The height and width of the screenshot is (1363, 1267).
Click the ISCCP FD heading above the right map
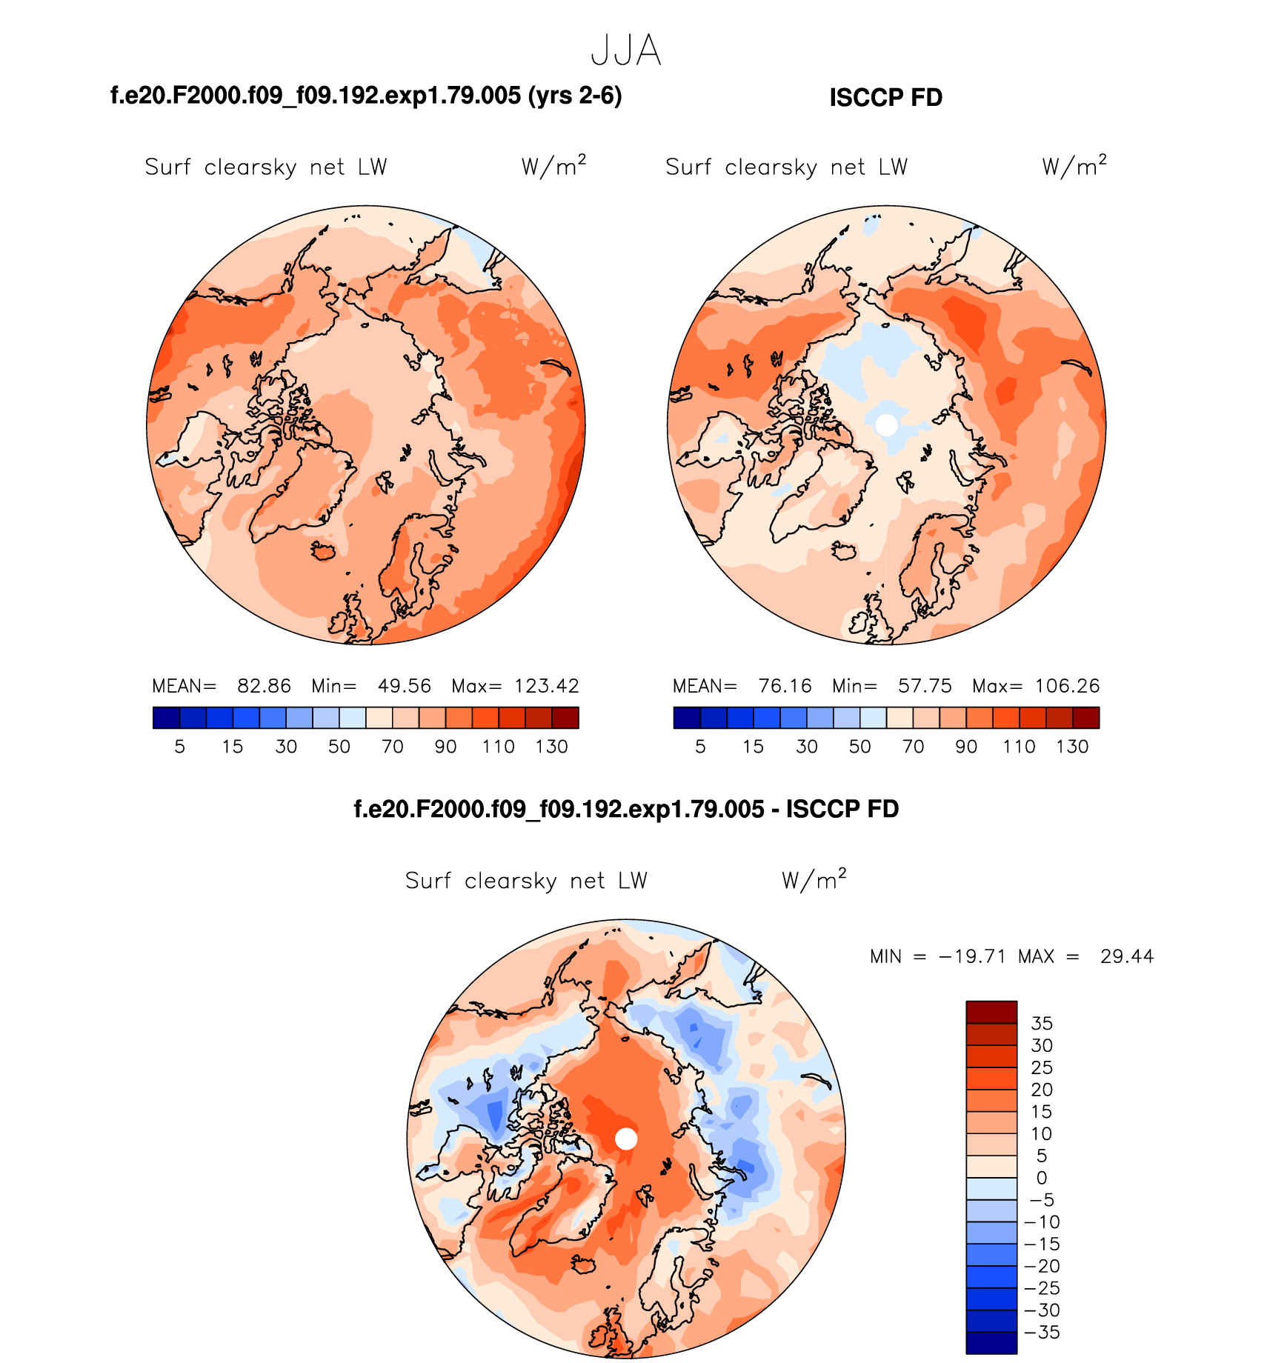885,98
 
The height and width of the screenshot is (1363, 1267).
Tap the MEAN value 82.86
264,686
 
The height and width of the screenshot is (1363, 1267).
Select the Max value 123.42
547,686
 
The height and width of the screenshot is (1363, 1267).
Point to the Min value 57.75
925,686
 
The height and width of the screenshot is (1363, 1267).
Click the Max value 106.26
1067,686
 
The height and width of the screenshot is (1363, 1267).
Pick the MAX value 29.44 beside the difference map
1126,956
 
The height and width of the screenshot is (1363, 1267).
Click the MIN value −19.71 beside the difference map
972,956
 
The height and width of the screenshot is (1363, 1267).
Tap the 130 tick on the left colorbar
551,747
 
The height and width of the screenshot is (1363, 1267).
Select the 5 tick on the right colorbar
700,747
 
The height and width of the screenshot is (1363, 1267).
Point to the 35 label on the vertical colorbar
1041,1023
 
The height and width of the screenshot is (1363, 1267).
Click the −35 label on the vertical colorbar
1041,1332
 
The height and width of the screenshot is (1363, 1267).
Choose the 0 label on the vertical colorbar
1041,1178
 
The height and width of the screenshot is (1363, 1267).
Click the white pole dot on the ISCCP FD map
886,424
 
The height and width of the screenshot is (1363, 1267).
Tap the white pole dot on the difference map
626,1139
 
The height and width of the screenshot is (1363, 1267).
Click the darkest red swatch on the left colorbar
565,718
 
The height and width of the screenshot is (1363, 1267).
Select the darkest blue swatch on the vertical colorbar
991,1342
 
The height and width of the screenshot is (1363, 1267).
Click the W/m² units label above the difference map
813,879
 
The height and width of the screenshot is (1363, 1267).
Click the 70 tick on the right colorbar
913,747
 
